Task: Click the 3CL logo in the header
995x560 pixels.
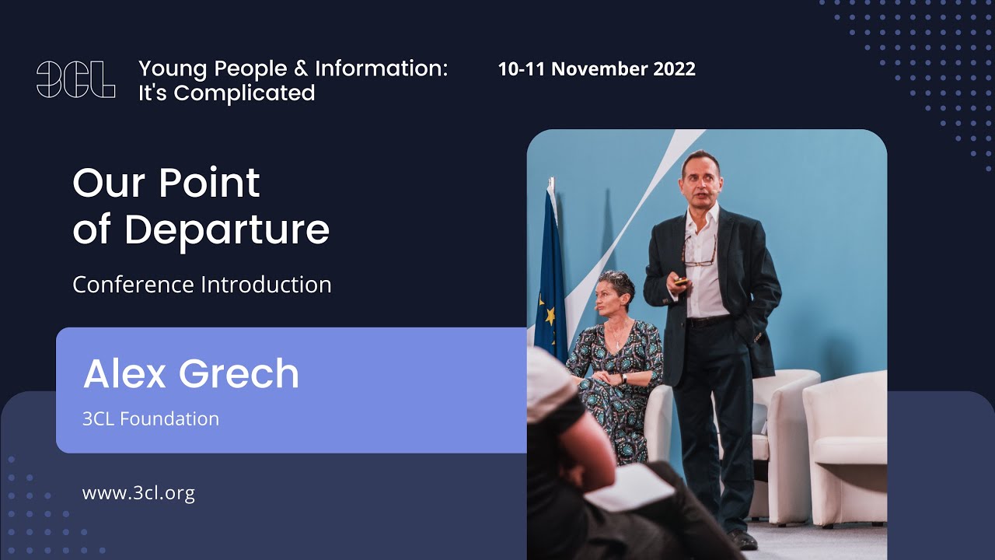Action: (75, 79)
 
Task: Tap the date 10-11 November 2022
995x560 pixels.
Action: (596, 68)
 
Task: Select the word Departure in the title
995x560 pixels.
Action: (226, 230)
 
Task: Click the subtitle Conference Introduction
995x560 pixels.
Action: (202, 285)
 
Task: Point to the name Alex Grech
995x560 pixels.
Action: (191, 373)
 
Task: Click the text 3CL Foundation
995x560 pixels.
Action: (151, 418)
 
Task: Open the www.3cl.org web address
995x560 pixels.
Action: (138, 492)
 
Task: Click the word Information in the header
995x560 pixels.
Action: (381, 68)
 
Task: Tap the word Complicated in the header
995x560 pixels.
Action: (244, 93)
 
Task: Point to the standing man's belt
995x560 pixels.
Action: (707, 320)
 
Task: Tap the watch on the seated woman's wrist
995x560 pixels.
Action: (623, 379)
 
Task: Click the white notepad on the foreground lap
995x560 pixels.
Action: (630, 487)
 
